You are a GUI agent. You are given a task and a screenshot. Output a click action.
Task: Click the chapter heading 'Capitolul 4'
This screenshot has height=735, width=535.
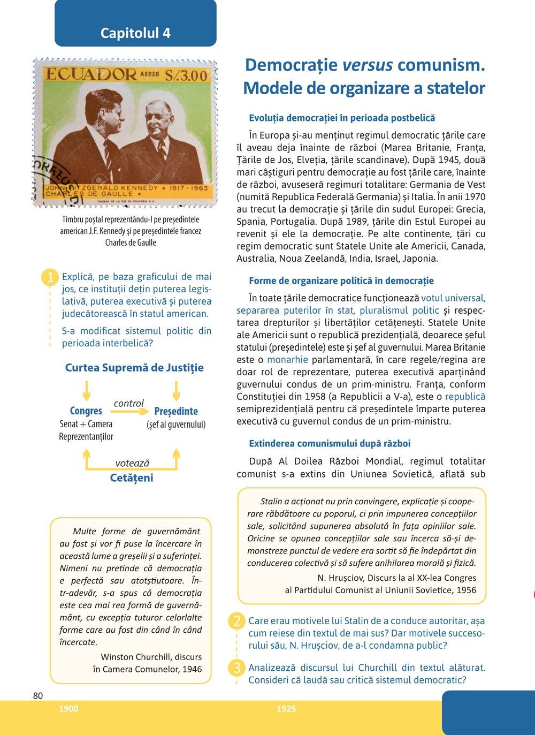coord(135,33)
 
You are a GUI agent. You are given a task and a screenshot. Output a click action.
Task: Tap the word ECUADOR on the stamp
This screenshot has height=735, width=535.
coord(91,74)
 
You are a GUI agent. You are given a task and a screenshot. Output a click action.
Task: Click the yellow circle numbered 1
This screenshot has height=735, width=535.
coord(50,277)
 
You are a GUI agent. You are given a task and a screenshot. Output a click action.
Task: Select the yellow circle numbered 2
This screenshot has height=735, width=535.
coord(236,621)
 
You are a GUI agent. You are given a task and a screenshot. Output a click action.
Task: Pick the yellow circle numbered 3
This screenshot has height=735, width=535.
coord(236,668)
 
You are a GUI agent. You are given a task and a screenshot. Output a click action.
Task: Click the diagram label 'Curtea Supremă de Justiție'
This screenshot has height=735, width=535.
coord(134,368)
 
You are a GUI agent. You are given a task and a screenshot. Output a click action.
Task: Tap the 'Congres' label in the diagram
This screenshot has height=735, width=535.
coord(86,411)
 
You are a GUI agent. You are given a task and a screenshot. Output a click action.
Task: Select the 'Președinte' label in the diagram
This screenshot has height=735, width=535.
coord(176,411)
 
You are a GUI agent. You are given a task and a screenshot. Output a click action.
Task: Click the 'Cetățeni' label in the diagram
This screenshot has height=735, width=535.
coord(132,478)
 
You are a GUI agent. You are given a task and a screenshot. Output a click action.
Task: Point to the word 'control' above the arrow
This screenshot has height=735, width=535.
coord(129,403)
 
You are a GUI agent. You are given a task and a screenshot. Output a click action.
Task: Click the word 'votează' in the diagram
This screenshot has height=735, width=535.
coord(132,463)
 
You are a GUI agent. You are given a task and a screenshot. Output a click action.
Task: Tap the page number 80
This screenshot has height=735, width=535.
coord(38,695)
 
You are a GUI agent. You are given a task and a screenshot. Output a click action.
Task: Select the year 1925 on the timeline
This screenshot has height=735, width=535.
coord(286,709)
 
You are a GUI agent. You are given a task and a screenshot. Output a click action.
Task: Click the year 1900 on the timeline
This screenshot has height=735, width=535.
coord(68,709)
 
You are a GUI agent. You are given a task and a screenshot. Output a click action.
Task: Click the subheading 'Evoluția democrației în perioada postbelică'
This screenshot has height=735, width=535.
coord(342,118)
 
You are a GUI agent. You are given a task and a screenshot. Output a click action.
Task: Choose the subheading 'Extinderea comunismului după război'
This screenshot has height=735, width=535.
coord(330,443)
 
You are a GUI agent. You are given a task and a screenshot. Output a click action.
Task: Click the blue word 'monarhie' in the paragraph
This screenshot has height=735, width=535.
coord(288,360)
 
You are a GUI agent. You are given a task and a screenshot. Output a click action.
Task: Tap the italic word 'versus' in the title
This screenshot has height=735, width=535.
coord(368,65)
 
